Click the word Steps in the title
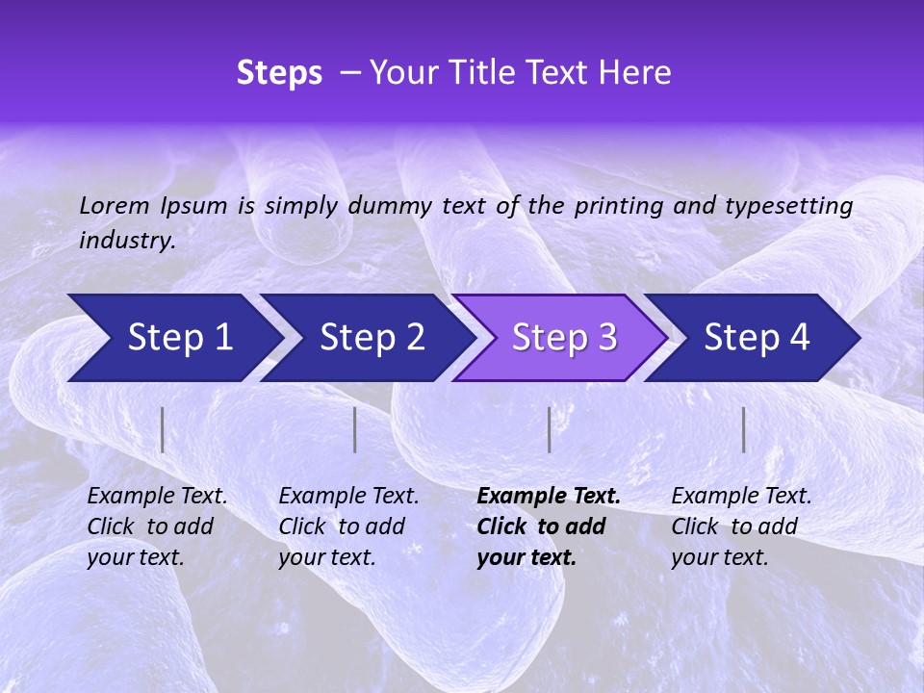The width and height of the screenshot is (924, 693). [x=279, y=73]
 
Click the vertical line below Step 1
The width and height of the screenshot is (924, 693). [x=163, y=429]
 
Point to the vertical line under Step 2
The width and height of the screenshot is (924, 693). [x=355, y=429]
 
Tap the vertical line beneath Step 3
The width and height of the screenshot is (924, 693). [x=550, y=429]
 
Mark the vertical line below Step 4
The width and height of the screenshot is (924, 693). [x=744, y=429]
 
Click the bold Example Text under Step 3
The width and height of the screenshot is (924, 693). [x=549, y=497]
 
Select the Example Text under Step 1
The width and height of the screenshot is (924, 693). [x=157, y=497]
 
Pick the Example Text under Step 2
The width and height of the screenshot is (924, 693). [x=348, y=497]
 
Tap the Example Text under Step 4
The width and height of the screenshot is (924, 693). [x=741, y=497]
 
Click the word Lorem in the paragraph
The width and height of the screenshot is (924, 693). [x=114, y=205]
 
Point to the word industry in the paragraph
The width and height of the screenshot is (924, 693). [x=127, y=240]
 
